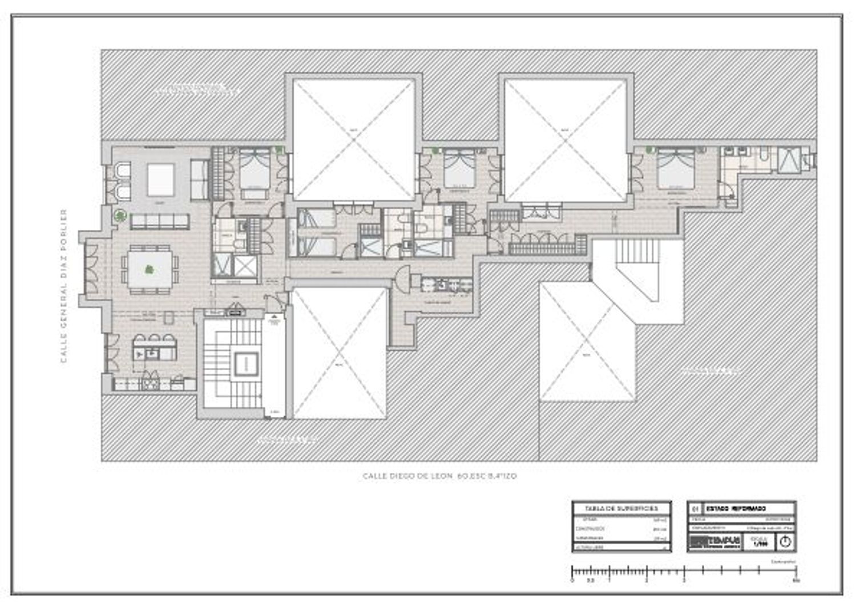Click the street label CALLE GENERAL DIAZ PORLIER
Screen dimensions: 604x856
tap(64, 285)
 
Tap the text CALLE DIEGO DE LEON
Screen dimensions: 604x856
tap(408, 476)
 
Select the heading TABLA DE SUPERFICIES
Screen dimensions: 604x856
tap(621, 508)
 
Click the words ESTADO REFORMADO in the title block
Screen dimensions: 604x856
tap(736, 508)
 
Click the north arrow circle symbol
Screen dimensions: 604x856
tap(785, 542)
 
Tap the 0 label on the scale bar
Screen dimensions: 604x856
tap(572, 581)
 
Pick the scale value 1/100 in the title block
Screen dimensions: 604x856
tap(760, 543)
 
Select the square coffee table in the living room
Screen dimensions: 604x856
tap(160, 180)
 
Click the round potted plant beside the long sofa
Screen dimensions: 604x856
tap(120, 216)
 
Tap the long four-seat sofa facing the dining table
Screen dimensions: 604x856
tap(160, 221)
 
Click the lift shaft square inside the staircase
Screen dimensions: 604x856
tap(246, 363)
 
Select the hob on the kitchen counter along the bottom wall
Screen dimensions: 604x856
tap(150, 382)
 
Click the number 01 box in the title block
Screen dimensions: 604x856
tap(695, 508)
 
